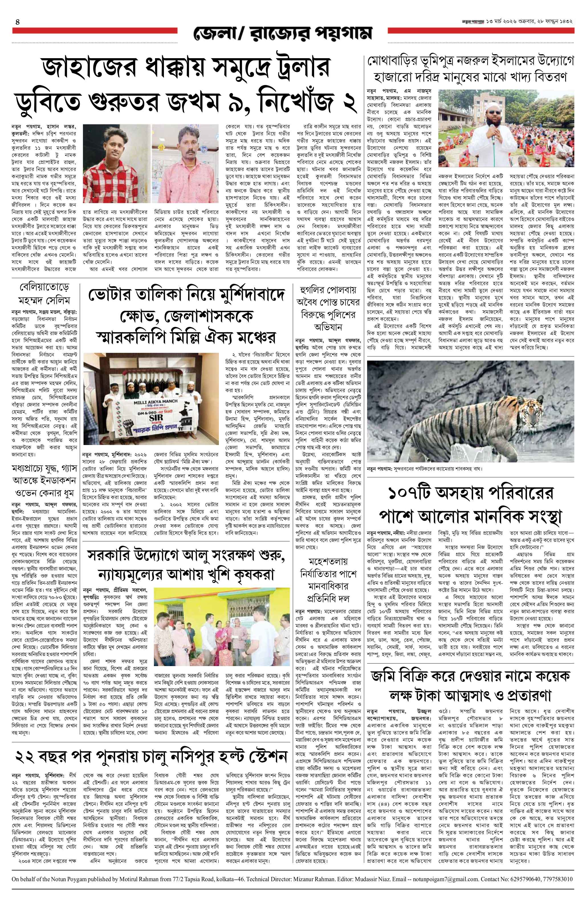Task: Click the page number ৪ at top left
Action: tap(17, 22)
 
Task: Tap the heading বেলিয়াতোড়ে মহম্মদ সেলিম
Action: tap(45, 294)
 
